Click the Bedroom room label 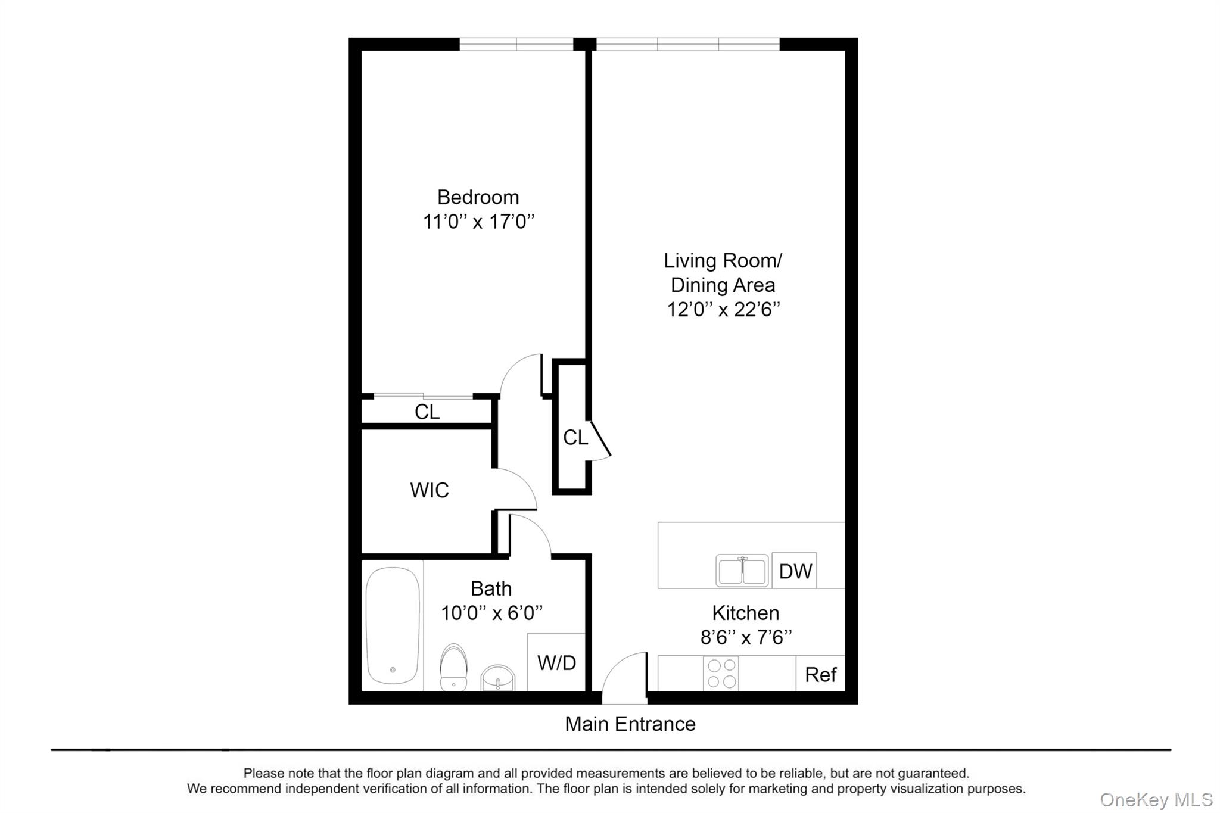[x=478, y=197]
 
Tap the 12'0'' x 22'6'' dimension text [x=723, y=310]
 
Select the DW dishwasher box [x=794, y=571]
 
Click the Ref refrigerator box [x=820, y=674]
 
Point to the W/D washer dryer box [x=556, y=662]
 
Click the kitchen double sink [x=742, y=571]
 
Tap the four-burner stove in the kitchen [x=721, y=674]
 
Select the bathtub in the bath [x=392, y=625]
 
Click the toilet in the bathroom [x=453, y=667]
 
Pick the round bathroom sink [x=497, y=678]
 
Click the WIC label [x=429, y=490]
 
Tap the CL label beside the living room [x=575, y=438]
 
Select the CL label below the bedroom [x=427, y=412]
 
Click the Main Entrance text [x=630, y=724]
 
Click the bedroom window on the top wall [x=516, y=44]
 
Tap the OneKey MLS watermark [x=1156, y=800]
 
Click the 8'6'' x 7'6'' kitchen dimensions [x=746, y=638]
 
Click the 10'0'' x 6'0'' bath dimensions [x=491, y=613]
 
